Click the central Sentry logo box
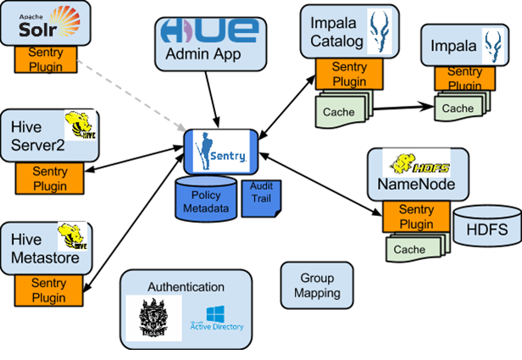click(221, 150)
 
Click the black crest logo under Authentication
click(153, 318)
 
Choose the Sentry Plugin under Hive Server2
click(50, 179)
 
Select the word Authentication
click(186, 287)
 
